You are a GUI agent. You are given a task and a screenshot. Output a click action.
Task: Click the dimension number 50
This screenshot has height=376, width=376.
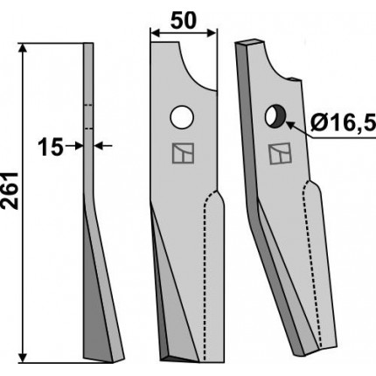pyautogui.click(x=184, y=21)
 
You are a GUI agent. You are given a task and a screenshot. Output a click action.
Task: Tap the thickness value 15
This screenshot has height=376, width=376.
pyautogui.click(x=51, y=147)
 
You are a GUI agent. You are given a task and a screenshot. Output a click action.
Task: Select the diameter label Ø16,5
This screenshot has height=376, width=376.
pyautogui.click(x=344, y=124)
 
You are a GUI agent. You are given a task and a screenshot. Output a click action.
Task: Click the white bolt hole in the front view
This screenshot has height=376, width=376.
pyautogui.click(x=182, y=117)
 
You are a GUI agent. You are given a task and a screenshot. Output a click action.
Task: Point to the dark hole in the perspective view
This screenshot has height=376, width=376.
pyautogui.click(x=275, y=116)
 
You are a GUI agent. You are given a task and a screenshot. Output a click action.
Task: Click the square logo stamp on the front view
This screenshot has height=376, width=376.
pyautogui.click(x=183, y=153)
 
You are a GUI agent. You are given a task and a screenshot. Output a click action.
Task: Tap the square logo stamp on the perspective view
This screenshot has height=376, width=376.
pyautogui.click(x=280, y=153)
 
